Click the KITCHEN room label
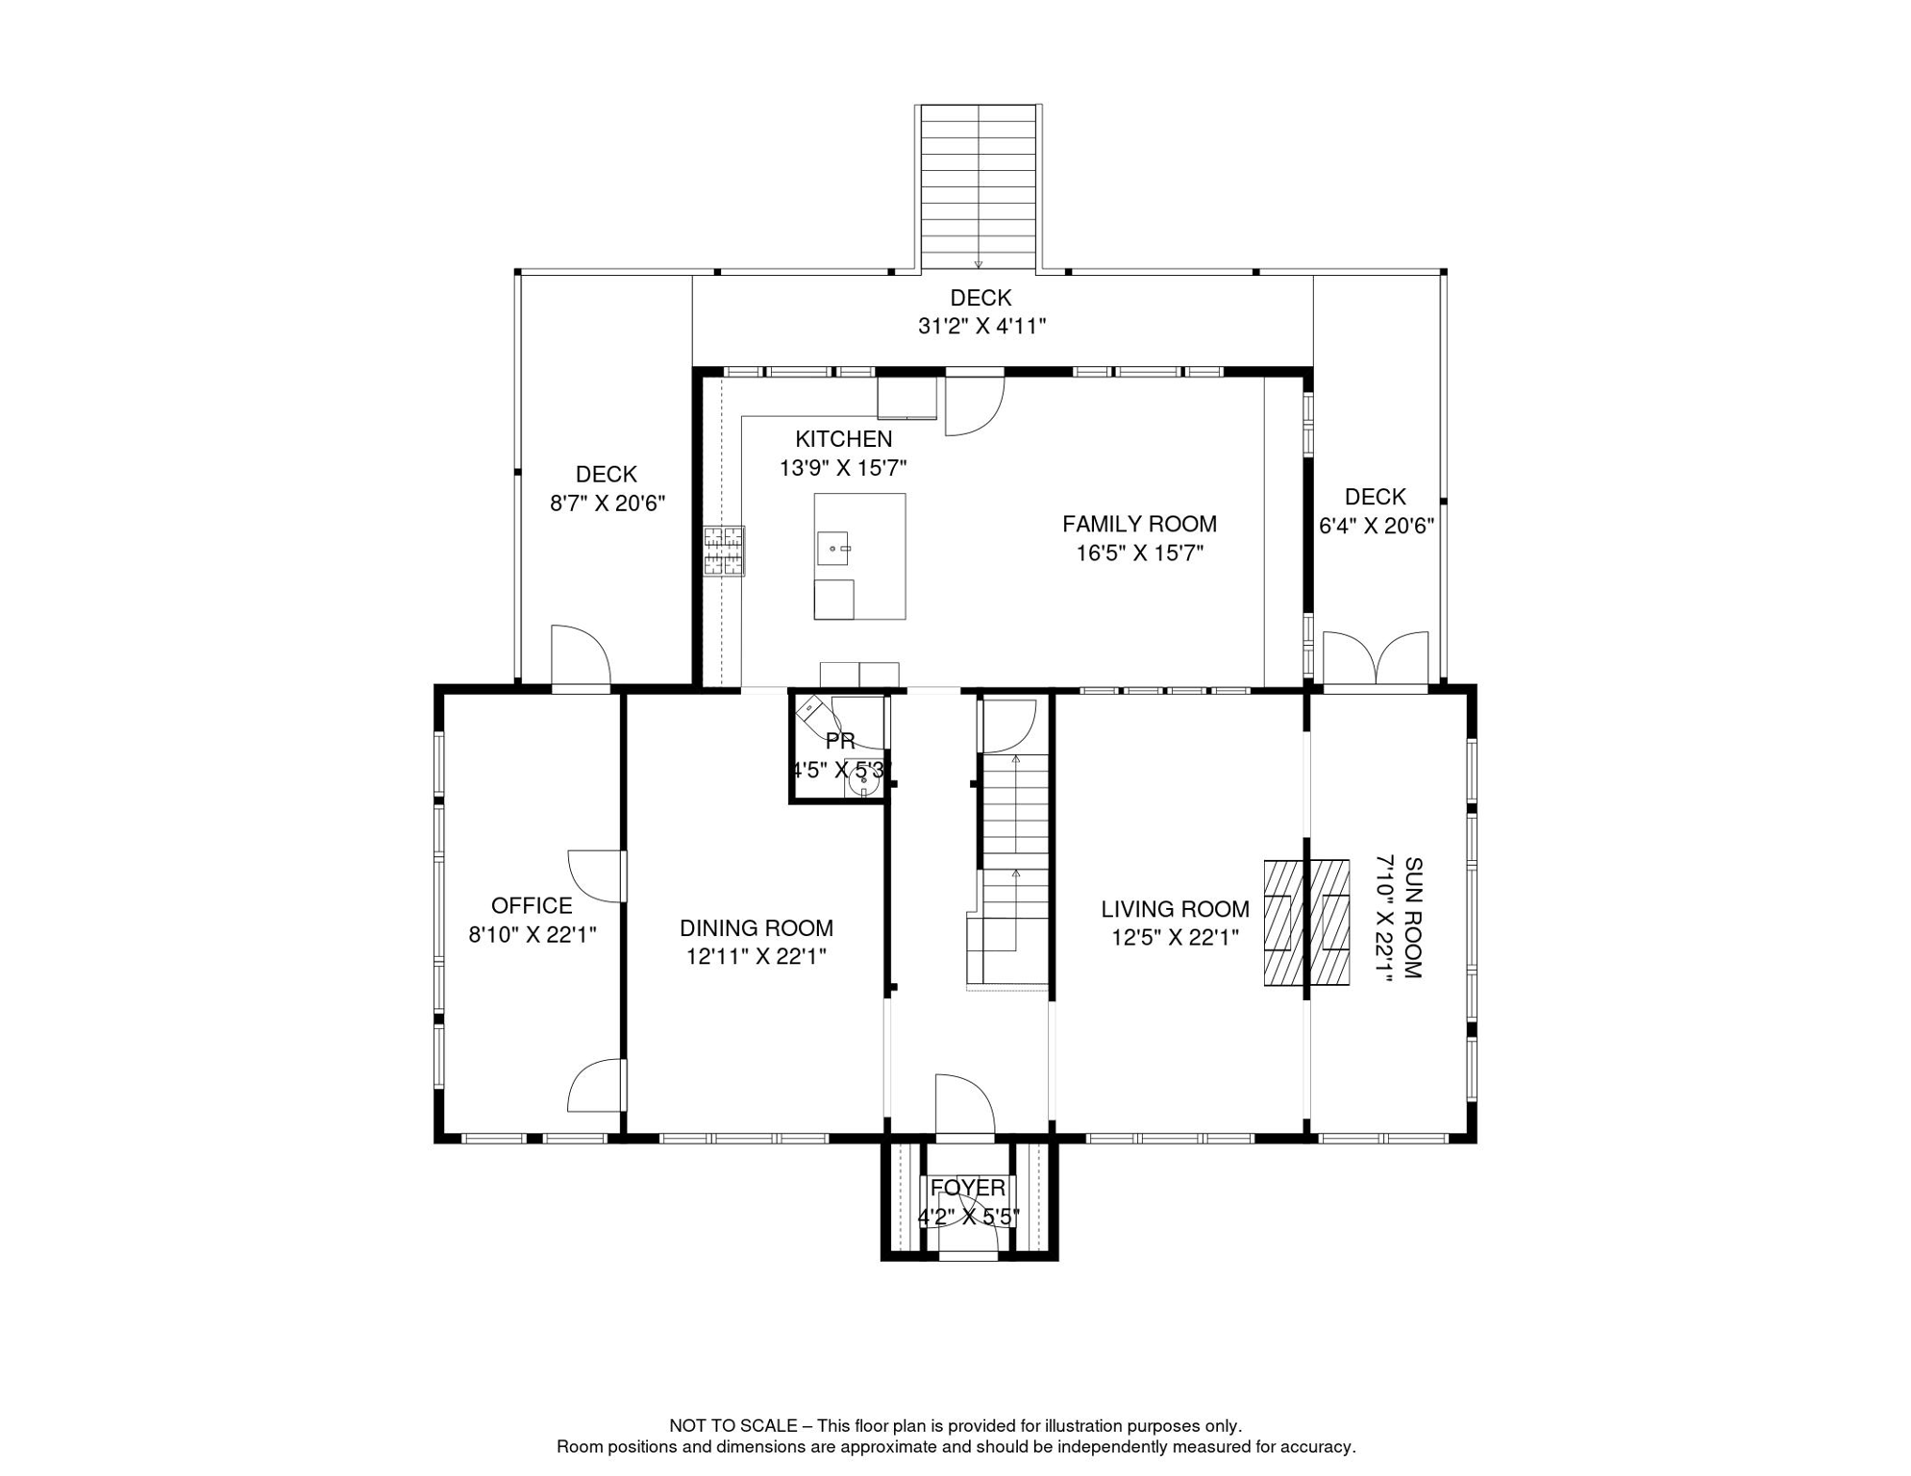pos(843,439)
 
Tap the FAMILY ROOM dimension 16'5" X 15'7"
pos(1139,553)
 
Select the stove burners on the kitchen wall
pos(724,551)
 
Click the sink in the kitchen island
pos(833,548)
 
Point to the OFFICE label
pos(532,905)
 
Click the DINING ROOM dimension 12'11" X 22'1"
pos(756,957)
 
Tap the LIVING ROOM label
pos(1175,909)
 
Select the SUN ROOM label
pos(1412,918)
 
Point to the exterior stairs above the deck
pos(979,187)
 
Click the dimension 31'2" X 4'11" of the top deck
pos(981,327)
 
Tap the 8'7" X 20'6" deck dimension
pos(607,504)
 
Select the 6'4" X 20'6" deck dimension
pos(1376,527)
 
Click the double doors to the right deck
pos(1376,660)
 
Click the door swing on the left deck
pos(579,656)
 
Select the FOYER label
pos(967,1188)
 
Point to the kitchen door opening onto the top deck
pos(975,405)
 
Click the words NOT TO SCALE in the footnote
pos(732,1426)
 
